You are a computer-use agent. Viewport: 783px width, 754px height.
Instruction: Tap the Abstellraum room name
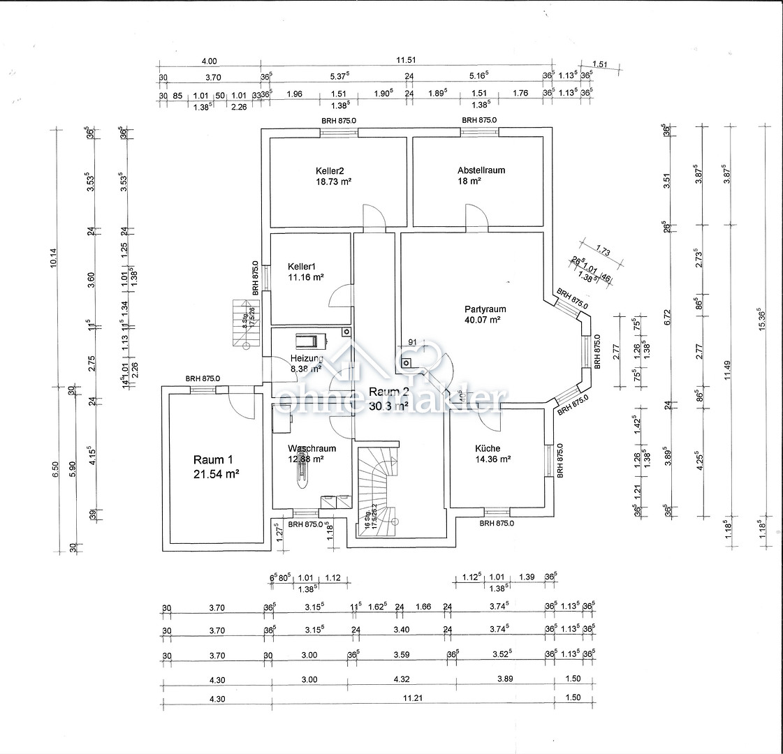481,170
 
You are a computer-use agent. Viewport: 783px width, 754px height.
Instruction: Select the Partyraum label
485,309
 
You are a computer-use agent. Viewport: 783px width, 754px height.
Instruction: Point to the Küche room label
488,449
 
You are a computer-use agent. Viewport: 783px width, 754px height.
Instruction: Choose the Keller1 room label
302,266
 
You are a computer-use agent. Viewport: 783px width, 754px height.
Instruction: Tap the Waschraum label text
312,449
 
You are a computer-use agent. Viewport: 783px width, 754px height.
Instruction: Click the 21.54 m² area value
217,474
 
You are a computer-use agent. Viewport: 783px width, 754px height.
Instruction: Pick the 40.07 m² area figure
485,320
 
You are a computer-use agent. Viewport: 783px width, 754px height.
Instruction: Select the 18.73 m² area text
333,181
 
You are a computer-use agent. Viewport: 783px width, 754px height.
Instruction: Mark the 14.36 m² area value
492,459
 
